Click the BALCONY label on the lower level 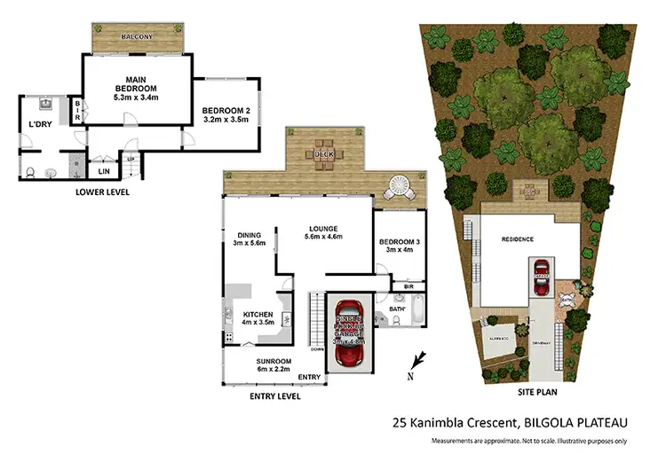click(139, 36)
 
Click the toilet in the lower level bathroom click(29, 171)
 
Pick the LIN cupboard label click(103, 170)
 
